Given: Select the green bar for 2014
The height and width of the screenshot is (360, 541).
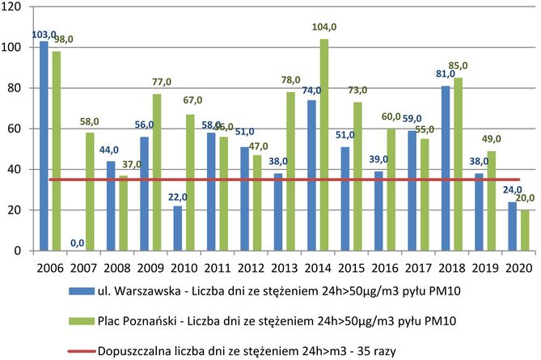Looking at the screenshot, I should (x=323, y=145).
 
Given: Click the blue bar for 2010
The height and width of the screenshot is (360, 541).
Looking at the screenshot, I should (x=176, y=228).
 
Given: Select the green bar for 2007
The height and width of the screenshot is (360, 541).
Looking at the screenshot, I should (x=89, y=192).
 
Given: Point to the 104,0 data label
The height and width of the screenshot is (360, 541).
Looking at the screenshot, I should (x=323, y=28).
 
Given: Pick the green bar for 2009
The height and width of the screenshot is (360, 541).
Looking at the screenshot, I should (x=155, y=172).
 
